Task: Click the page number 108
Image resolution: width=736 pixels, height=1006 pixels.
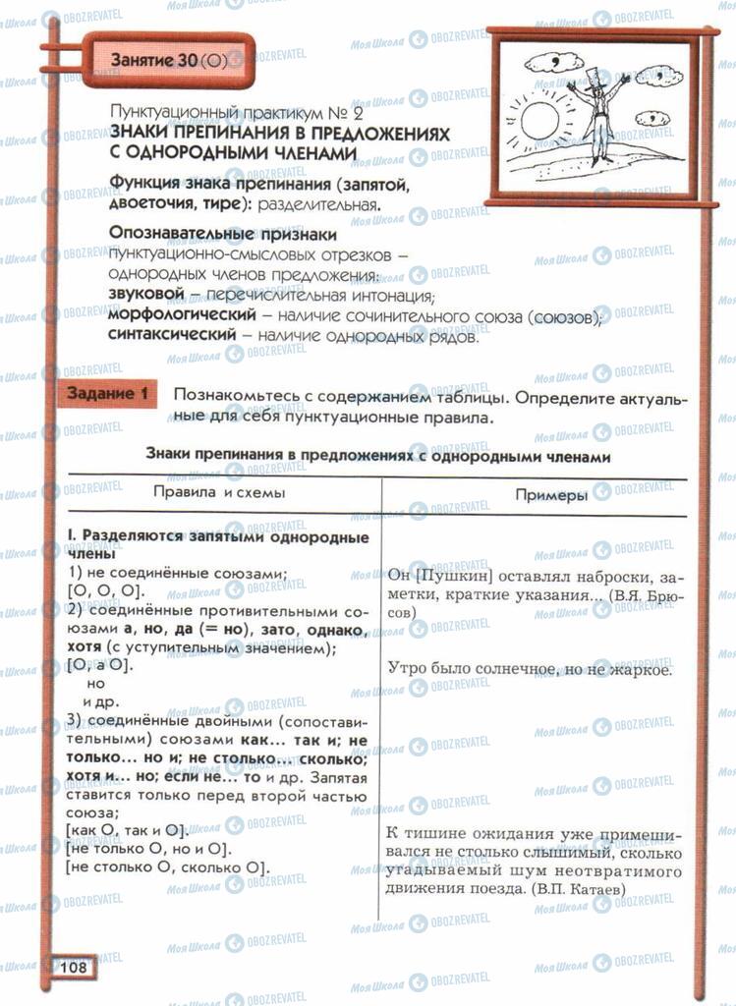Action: [74, 967]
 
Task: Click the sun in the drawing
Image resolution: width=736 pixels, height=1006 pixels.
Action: [539, 122]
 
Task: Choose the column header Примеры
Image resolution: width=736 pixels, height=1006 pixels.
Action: [551, 495]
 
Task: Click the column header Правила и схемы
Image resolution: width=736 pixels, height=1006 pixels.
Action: [217, 493]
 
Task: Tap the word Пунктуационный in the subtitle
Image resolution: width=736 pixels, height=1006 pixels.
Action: [168, 113]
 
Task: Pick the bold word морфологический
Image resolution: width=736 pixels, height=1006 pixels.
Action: [180, 315]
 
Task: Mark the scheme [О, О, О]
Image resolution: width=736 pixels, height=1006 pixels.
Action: [105, 590]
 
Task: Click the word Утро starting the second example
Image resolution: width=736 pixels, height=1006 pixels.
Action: [408, 672]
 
